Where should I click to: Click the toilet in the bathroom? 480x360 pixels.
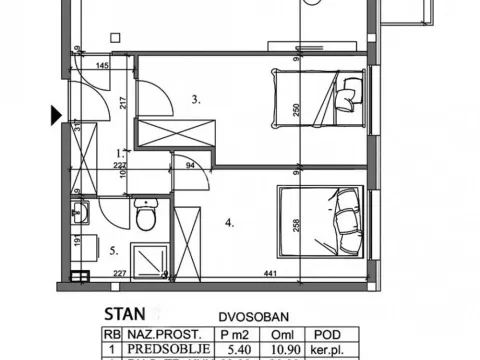(x=147, y=214)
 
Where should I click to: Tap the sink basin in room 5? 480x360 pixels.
(x=81, y=212)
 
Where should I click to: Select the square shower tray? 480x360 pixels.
(x=148, y=253)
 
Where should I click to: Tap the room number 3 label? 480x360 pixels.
(x=197, y=99)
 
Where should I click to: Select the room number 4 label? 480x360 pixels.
(x=229, y=222)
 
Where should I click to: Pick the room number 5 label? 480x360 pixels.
(x=113, y=250)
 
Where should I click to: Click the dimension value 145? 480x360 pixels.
(x=102, y=67)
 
